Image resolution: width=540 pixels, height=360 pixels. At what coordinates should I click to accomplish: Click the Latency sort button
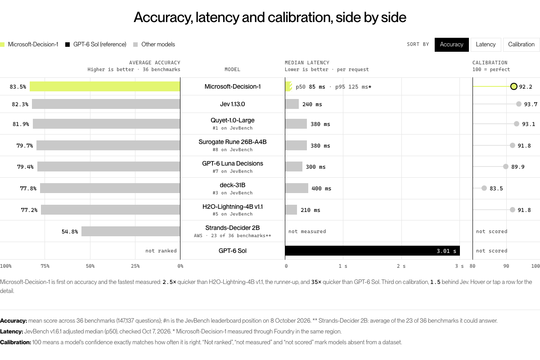click(x=486, y=45)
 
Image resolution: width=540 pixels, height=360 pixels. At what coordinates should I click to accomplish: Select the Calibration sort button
click(x=521, y=45)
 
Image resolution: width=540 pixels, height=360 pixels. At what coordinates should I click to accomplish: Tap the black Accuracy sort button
click(x=451, y=45)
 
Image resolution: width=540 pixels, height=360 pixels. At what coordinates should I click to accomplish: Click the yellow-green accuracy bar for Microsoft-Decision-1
click(x=105, y=86)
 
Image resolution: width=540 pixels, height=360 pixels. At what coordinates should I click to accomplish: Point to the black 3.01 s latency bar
click(x=373, y=251)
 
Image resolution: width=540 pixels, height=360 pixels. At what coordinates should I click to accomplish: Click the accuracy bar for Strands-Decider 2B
click(x=130, y=231)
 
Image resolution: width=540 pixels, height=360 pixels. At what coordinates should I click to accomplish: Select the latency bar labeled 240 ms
click(x=292, y=104)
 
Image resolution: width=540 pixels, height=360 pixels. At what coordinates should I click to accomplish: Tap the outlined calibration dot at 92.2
click(x=514, y=86)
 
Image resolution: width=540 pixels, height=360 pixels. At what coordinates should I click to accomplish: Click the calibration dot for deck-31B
click(x=484, y=188)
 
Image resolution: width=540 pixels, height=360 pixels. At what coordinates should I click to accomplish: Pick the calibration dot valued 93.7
click(x=519, y=104)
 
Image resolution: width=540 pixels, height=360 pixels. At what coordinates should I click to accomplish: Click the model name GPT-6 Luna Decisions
click(x=232, y=163)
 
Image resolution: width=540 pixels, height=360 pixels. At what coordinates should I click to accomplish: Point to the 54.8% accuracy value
click(x=70, y=231)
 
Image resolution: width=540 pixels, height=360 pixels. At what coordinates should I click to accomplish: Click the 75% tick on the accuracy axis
click(x=45, y=266)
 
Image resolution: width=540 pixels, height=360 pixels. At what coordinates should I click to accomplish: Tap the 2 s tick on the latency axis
click(x=401, y=266)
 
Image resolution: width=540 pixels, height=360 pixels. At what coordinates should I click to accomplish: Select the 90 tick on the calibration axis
click(x=506, y=266)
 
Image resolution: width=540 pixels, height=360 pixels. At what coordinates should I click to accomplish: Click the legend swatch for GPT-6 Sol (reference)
click(x=67, y=45)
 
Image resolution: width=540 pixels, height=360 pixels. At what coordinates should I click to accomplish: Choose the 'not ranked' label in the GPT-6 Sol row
click(x=161, y=251)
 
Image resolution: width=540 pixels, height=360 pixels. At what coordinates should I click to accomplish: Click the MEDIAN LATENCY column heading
click(x=307, y=63)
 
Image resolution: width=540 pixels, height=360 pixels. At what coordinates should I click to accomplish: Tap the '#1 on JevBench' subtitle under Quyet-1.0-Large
click(x=232, y=128)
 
